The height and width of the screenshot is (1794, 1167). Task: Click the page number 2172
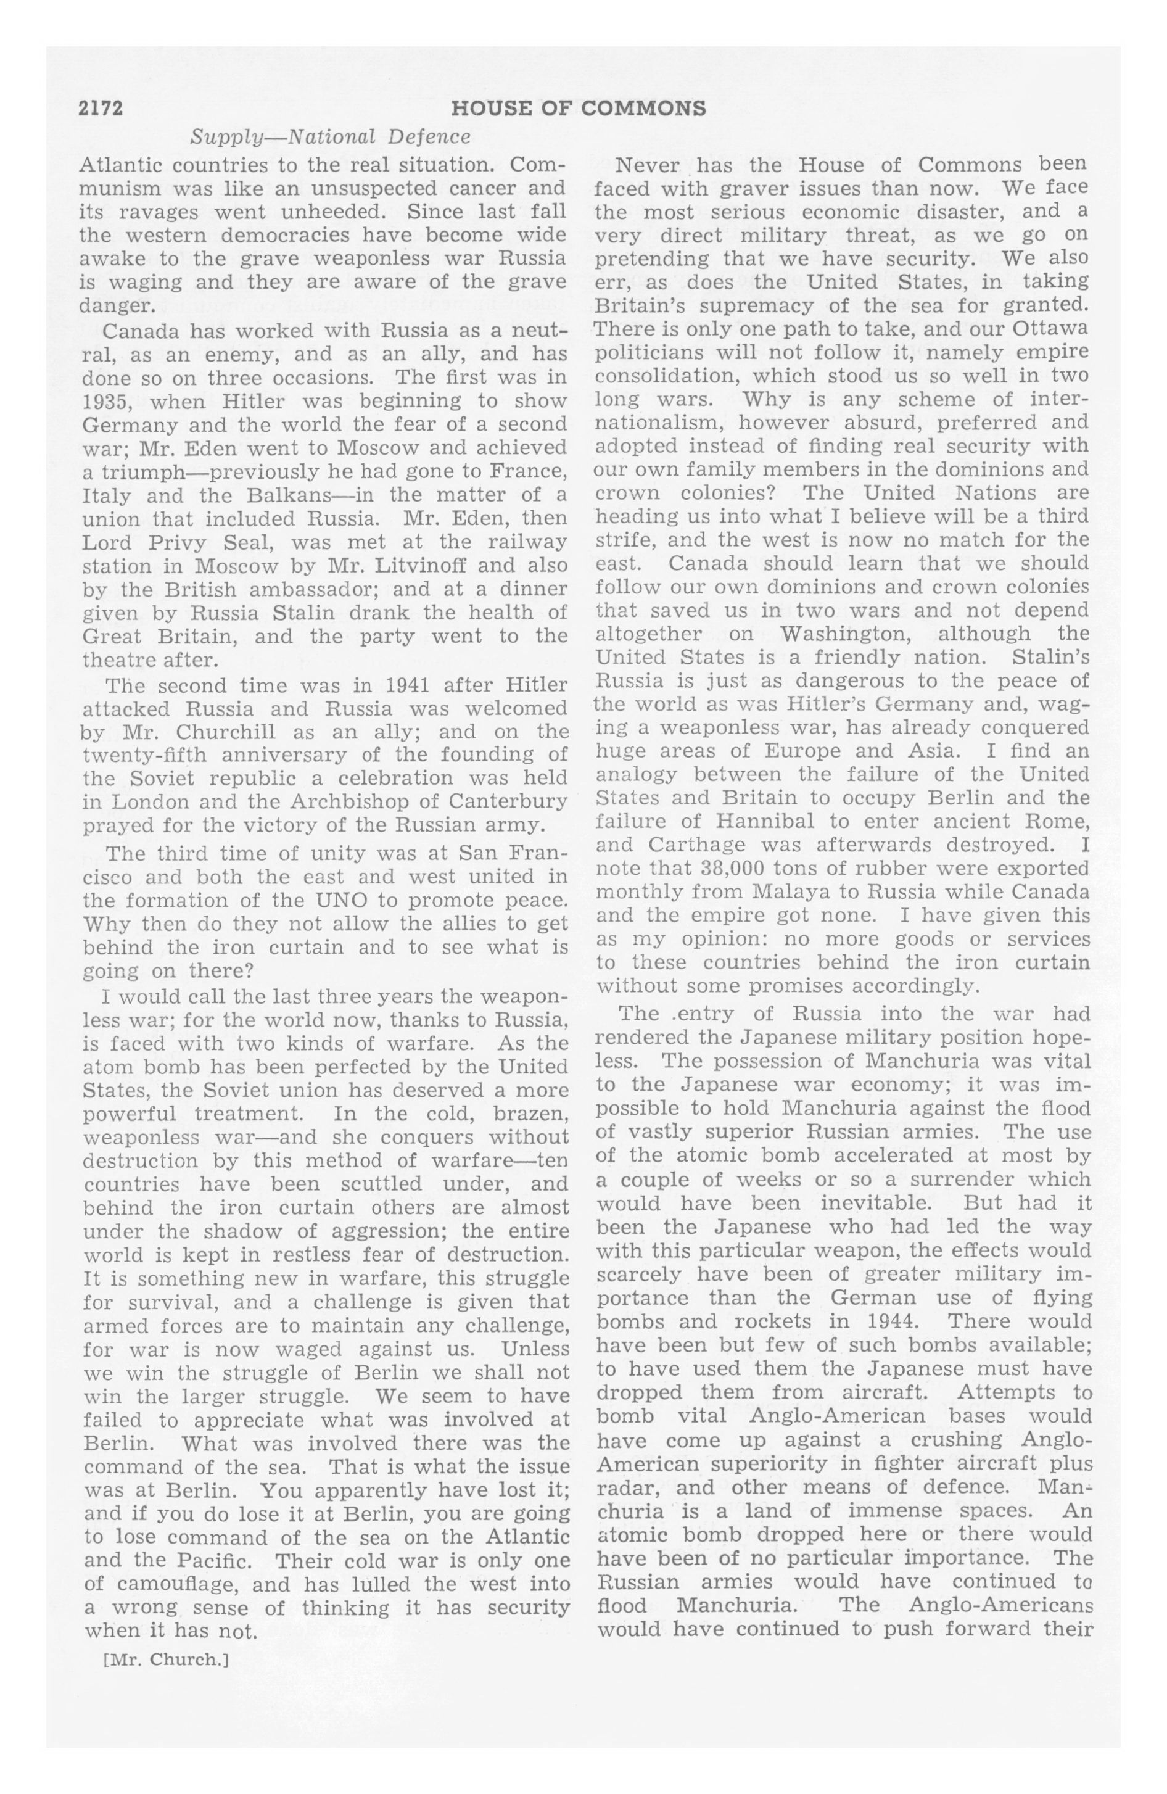coord(101,109)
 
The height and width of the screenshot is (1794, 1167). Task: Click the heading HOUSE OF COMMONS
coord(578,109)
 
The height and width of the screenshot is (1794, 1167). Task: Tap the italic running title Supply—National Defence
coord(330,136)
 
